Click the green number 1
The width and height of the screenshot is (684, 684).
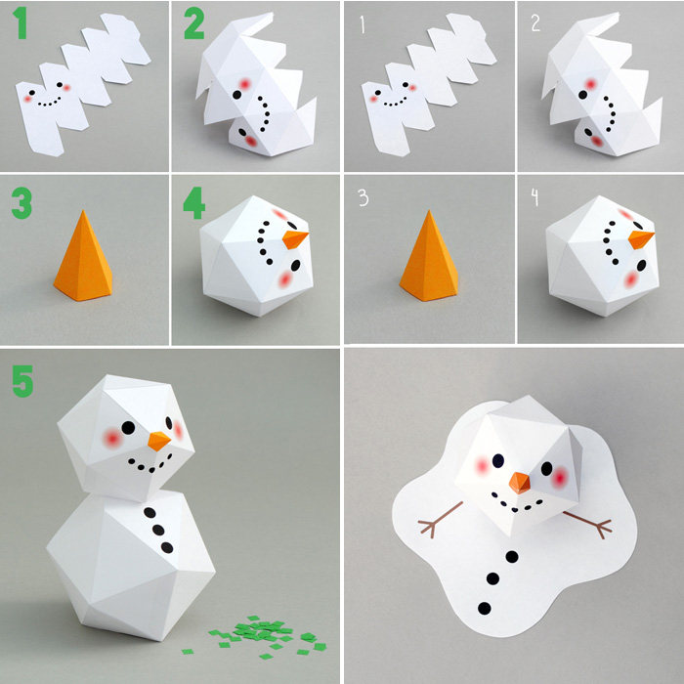click(21, 23)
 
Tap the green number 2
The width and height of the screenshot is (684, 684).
click(193, 24)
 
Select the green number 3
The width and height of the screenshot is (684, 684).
click(21, 203)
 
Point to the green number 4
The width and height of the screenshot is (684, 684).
click(194, 203)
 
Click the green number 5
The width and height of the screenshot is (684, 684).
click(22, 381)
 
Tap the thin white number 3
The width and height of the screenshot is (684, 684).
click(363, 197)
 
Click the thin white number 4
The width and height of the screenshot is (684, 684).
click(534, 197)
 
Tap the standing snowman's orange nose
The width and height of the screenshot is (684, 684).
click(158, 441)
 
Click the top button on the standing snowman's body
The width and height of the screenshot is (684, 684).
click(150, 513)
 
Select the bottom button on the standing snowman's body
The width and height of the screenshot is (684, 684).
click(167, 547)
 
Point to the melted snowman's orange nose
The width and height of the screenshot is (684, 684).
click(520, 483)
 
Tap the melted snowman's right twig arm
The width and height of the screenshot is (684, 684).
click(587, 524)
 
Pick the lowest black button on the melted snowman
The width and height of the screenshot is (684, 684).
click(485, 608)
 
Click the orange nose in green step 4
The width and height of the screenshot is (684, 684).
click(295, 239)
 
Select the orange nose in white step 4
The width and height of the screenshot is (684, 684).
click(641, 239)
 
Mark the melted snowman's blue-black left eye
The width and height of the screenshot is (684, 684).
click(498, 460)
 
